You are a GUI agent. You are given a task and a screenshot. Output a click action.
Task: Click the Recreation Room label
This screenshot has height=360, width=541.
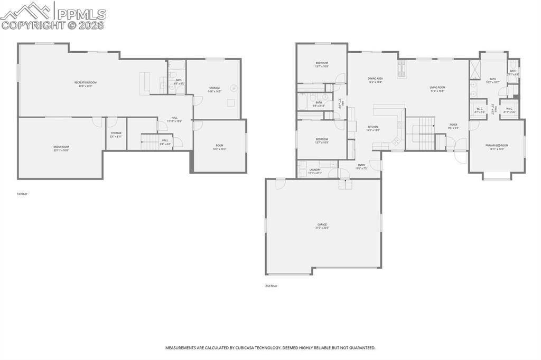[85, 82]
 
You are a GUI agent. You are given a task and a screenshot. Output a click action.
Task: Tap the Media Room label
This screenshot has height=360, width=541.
[61, 147]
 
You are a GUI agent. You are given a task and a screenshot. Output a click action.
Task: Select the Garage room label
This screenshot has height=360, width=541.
[322, 224]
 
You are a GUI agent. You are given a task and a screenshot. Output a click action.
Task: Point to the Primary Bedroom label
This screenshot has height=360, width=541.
[497, 145]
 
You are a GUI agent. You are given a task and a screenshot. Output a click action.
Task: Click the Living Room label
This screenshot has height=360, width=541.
[437, 88]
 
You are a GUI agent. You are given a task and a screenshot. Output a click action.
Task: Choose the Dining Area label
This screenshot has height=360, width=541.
[375, 79]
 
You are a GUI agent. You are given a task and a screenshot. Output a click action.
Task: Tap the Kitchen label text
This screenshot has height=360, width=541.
[373, 127]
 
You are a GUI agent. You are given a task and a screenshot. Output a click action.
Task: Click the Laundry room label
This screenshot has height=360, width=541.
[315, 169]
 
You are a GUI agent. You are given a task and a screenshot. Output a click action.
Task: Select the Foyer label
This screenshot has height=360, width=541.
[453, 125]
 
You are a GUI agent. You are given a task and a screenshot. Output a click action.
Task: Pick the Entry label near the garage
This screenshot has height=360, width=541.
[361, 165]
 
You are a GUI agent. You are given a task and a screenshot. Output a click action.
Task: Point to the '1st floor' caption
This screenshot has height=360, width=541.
[22, 194]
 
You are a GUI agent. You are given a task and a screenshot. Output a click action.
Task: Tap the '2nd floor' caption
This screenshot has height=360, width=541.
[271, 286]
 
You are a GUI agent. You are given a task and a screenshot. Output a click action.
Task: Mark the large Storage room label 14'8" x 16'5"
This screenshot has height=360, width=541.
[214, 88]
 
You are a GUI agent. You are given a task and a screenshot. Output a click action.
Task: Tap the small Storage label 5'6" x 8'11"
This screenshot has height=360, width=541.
[116, 133]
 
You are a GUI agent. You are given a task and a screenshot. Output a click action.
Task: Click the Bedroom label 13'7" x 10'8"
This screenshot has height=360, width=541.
[322, 63]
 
